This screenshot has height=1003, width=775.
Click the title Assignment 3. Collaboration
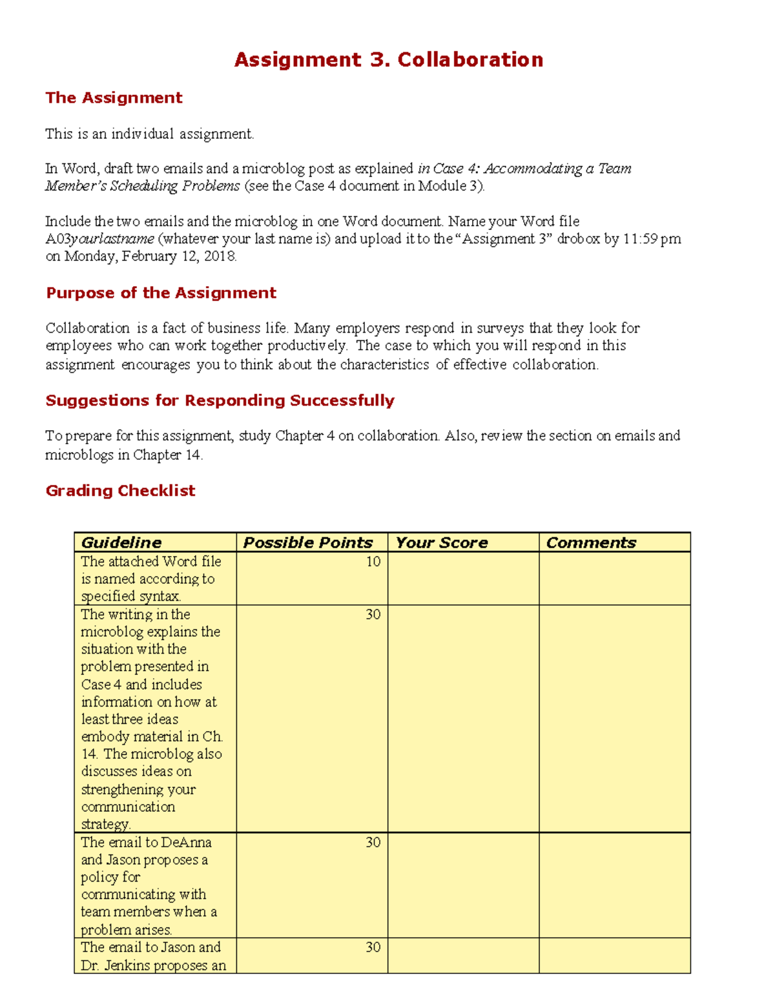click(x=388, y=60)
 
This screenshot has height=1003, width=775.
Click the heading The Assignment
click(x=114, y=98)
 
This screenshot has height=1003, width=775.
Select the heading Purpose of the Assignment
click(x=161, y=293)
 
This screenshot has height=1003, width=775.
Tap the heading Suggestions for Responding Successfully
click(x=220, y=400)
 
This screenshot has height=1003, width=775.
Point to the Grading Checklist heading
click(x=120, y=490)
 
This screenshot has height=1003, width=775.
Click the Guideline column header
click(x=121, y=543)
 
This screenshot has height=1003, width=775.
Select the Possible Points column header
click(x=307, y=543)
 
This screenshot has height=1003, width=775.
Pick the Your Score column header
click(x=442, y=543)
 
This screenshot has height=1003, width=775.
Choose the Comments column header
click(x=591, y=543)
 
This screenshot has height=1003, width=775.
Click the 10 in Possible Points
click(x=373, y=562)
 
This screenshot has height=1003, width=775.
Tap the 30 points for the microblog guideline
click(x=373, y=614)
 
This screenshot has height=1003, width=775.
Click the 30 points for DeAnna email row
click(x=373, y=842)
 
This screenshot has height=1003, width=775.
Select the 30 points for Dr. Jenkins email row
click(x=373, y=947)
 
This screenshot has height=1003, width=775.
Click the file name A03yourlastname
click(x=100, y=239)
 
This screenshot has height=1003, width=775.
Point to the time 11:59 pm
click(x=652, y=239)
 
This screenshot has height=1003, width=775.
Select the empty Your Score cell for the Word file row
click(x=463, y=578)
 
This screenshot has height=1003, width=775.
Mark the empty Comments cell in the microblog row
click(x=614, y=718)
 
